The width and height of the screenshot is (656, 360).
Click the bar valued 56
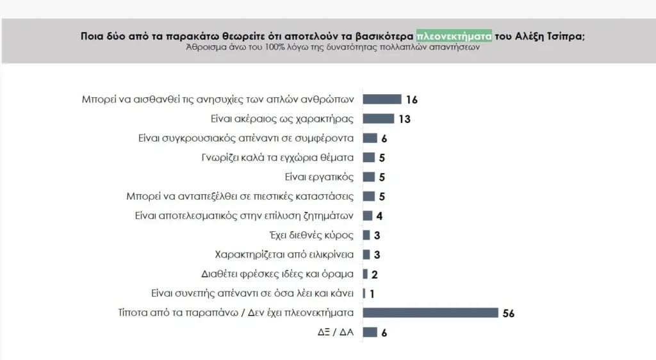pyautogui.click(x=430, y=313)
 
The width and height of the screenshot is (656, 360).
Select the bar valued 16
pyautogui.click(x=382, y=99)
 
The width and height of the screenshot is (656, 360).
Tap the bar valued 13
pyautogui.click(x=378, y=119)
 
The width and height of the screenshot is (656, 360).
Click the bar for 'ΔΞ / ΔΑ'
pyautogui.click(x=370, y=332)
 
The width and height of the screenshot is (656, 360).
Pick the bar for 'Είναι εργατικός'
pyautogui.click(x=368, y=177)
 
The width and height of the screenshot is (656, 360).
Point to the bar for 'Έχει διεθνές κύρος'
pyautogui.click(x=366, y=235)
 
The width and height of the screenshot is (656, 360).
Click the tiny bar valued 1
pyautogui.click(x=364, y=293)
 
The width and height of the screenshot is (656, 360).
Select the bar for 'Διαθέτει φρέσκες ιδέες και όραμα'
pyautogui.click(x=365, y=274)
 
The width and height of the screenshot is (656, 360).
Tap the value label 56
pyautogui.click(x=509, y=313)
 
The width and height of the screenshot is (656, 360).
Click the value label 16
pyautogui.click(x=411, y=100)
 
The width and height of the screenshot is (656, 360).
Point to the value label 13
pyautogui.click(x=404, y=119)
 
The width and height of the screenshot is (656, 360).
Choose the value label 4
pyautogui.click(x=379, y=216)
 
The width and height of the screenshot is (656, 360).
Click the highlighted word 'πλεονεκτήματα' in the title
pyautogui.click(x=454, y=36)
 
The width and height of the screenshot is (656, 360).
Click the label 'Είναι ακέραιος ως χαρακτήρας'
pyautogui.click(x=283, y=119)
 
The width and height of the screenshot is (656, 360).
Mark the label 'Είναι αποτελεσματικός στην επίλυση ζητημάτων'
pyautogui.click(x=244, y=216)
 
